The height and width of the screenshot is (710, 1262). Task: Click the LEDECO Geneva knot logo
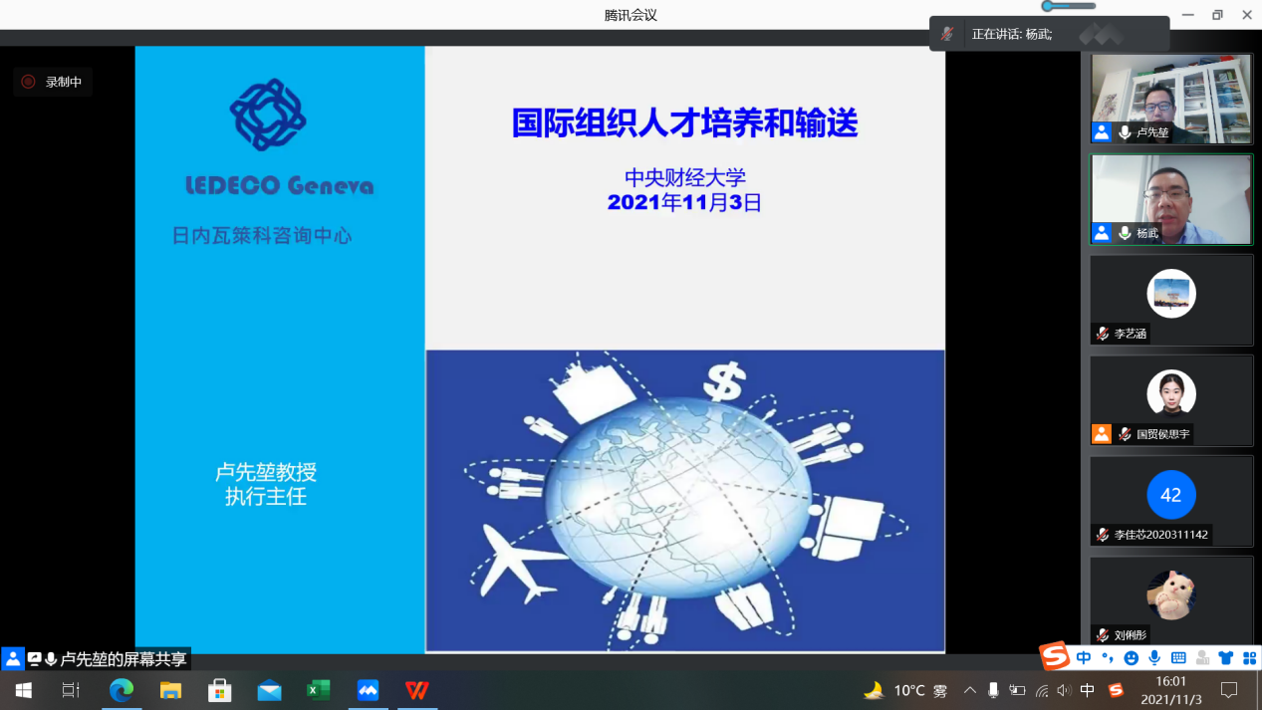click(x=268, y=116)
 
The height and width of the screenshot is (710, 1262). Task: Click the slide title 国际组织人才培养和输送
click(x=684, y=123)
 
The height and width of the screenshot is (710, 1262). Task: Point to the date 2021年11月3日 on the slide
click(x=684, y=202)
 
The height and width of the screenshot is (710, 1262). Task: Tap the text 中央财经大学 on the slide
click(x=684, y=178)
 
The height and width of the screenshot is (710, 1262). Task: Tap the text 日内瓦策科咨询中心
click(x=262, y=236)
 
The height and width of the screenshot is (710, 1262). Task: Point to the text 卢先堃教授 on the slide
click(x=266, y=472)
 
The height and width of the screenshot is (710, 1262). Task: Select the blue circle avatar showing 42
click(x=1170, y=495)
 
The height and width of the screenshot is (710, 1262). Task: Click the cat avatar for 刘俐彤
click(x=1170, y=594)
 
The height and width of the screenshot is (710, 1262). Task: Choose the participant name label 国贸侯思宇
click(x=1162, y=434)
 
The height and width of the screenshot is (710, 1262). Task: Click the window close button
click(x=1246, y=15)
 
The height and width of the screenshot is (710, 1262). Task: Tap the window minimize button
click(x=1186, y=15)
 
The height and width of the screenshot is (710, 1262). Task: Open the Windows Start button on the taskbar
click(x=23, y=690)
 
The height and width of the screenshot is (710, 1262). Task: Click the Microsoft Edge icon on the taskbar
click(x=122, y=690)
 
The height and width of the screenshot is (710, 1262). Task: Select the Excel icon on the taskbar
click(x=318, y=690)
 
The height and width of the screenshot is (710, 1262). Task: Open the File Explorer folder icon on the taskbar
click(x=171, y=690)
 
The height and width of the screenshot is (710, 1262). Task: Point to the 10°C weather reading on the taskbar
click(x=908, y=690)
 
